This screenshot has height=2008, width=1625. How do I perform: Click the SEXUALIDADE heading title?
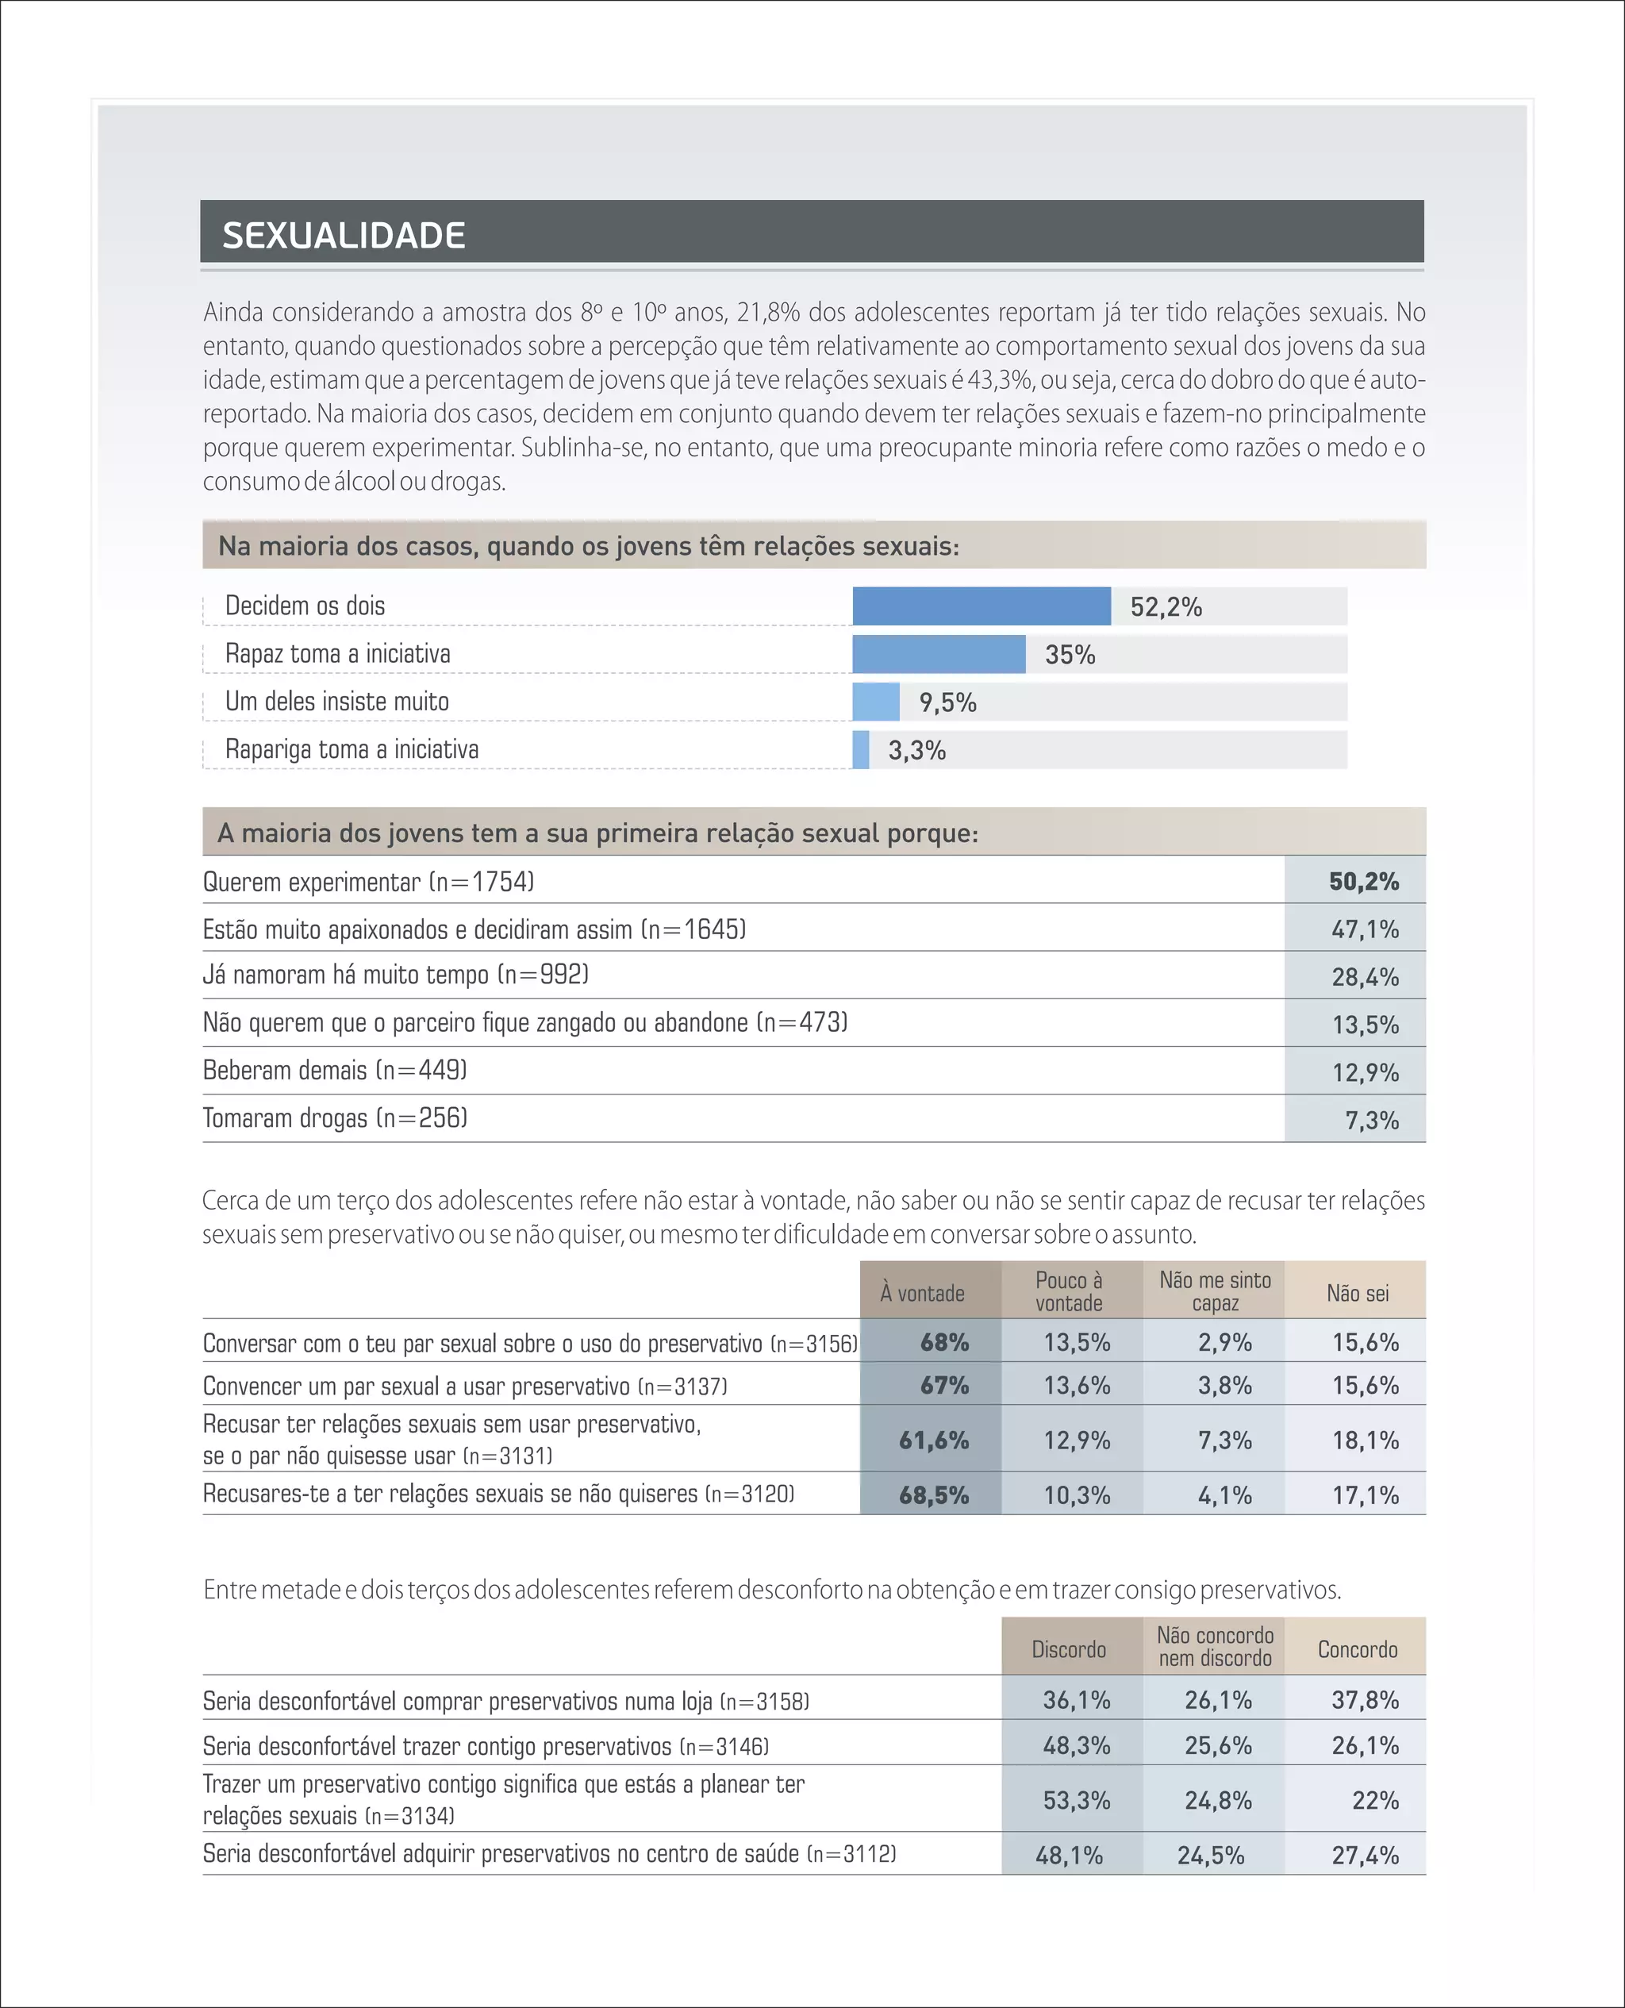point(344,235)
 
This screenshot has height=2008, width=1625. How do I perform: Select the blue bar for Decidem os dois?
point(981,606)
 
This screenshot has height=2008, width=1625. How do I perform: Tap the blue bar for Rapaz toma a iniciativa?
point(938,653)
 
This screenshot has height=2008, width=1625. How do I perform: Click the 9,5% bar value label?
point(947,702)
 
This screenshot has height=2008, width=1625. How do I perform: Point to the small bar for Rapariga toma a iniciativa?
point(860,750)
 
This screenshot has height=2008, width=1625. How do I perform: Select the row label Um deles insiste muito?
point(337,701)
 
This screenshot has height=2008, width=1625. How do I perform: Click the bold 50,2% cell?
point(1363,881)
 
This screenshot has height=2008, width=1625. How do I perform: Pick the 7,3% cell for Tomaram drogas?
point(1370,1120)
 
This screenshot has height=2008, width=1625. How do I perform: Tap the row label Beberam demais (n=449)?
point(334,1070)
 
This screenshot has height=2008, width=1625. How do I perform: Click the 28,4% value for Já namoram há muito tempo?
point(1365,976)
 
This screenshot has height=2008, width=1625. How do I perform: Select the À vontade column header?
point(921,1293)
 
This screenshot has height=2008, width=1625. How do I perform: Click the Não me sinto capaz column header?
point(1214,1291)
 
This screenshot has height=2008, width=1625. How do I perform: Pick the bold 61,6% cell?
point(933,1440)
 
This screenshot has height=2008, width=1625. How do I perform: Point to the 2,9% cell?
point(1224,1342)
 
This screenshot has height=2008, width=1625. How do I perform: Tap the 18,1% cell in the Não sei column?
point(1365,1440)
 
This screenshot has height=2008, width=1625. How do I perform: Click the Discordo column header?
point(1068,1649)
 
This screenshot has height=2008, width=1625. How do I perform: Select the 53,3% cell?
point(1077,1800)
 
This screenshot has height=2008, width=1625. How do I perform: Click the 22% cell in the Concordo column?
point(1374,1800)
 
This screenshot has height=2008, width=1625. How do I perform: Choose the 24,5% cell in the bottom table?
point(1210,1856)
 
